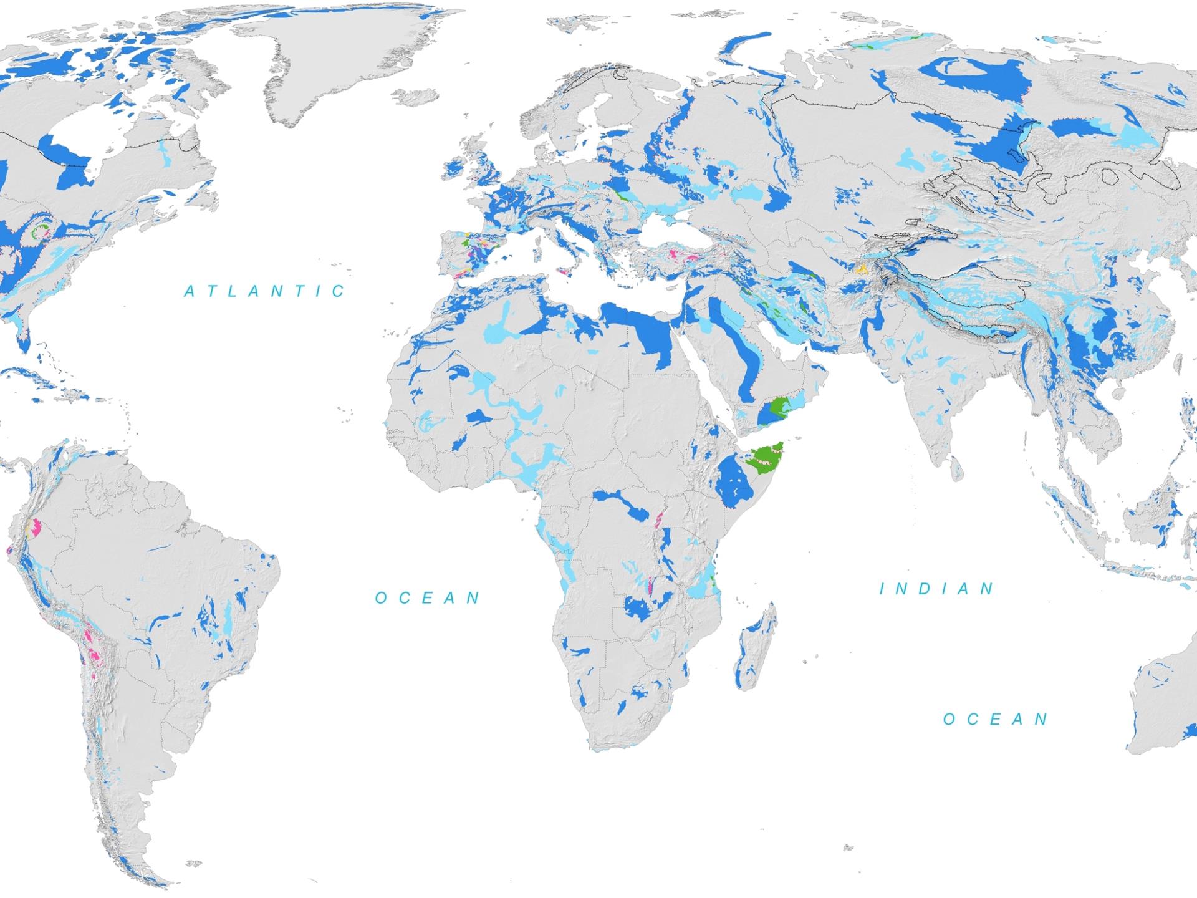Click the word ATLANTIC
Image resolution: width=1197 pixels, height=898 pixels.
point(265,291)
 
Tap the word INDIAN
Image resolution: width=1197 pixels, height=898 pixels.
point(937,589)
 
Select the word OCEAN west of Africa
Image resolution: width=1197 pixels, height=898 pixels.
point(428,598)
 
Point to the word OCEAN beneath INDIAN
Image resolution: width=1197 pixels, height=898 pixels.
point(996,719)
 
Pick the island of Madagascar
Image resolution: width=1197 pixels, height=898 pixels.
point(756,649)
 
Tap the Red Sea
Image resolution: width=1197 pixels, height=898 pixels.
point(711,362)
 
